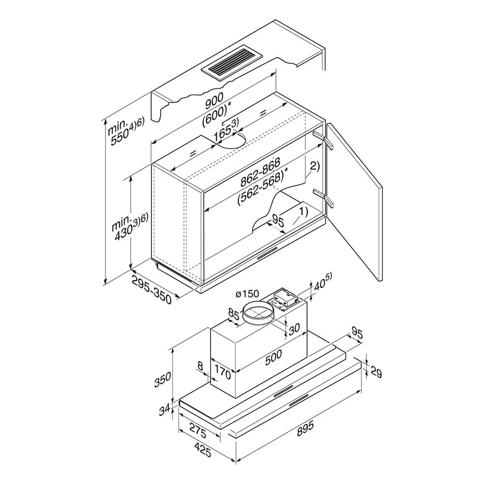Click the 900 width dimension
[x=214, y=101]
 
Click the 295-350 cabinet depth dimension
[x=151, y=289]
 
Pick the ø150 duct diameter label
[x=247, y=294]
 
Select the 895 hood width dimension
[x=304, y=428]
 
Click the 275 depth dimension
[x=197, y=431]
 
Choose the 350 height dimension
[x=163, y=379]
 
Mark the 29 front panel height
[x=376, y=372]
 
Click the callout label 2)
[x=315, y=166]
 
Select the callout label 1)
[x=303, y=212]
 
